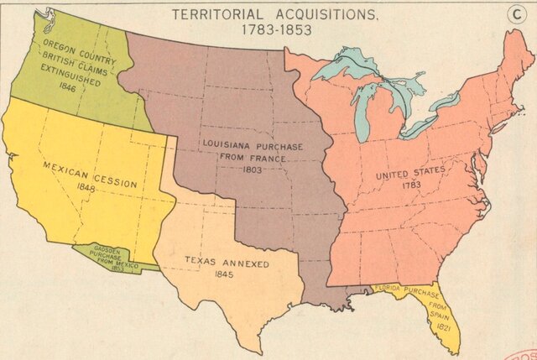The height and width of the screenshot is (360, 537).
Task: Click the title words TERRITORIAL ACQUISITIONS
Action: [x=263, y=14]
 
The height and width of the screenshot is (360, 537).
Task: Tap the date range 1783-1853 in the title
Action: [x=263, y=29]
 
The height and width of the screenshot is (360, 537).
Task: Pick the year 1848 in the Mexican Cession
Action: [x=84, y=188]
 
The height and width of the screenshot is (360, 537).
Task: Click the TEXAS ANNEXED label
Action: [x=227, y=263]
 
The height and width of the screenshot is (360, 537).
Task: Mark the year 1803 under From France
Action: [x=253, y=169]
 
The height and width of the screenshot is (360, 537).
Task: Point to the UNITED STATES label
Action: [x=411, y=172]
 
